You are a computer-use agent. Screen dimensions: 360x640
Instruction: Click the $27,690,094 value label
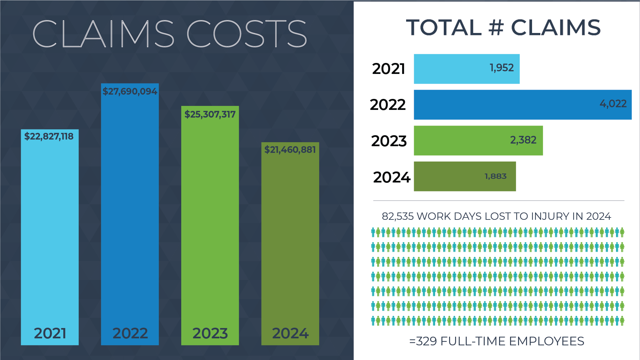coord(130,91)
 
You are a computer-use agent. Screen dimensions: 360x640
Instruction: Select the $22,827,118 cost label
coord(49,136)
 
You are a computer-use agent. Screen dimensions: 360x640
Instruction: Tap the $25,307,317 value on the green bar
coord(210,114)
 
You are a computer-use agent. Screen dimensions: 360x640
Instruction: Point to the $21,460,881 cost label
coord(290,150)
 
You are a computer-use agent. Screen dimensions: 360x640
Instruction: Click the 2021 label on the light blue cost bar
coord(50,333)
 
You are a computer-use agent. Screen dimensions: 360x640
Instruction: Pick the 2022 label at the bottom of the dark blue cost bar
coord(130,333)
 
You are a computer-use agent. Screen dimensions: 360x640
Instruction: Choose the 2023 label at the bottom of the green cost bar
coord(210,333)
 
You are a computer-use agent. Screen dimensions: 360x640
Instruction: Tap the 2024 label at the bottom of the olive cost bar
coord(290,333)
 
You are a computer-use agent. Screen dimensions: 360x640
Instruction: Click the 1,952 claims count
coord(501,68)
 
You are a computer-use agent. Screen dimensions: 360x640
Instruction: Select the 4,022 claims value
coord(613,104)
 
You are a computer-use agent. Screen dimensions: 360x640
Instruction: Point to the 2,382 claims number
coord(523,140)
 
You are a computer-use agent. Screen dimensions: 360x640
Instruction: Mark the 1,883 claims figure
coord(495,176)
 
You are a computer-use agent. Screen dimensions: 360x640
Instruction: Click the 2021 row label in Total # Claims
coord(388,69)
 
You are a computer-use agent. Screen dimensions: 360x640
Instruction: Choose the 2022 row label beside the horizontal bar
coord(388,105)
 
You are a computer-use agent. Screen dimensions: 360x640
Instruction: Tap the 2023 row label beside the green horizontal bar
coord(389,141)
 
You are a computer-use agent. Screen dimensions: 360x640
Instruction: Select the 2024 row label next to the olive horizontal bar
coord(391,177)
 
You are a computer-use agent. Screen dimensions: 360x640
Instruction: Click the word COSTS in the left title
coord(247,33)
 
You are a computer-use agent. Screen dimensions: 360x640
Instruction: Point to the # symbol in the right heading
coord(496,27)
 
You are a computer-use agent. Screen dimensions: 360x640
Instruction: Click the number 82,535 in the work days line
coord(398,216)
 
